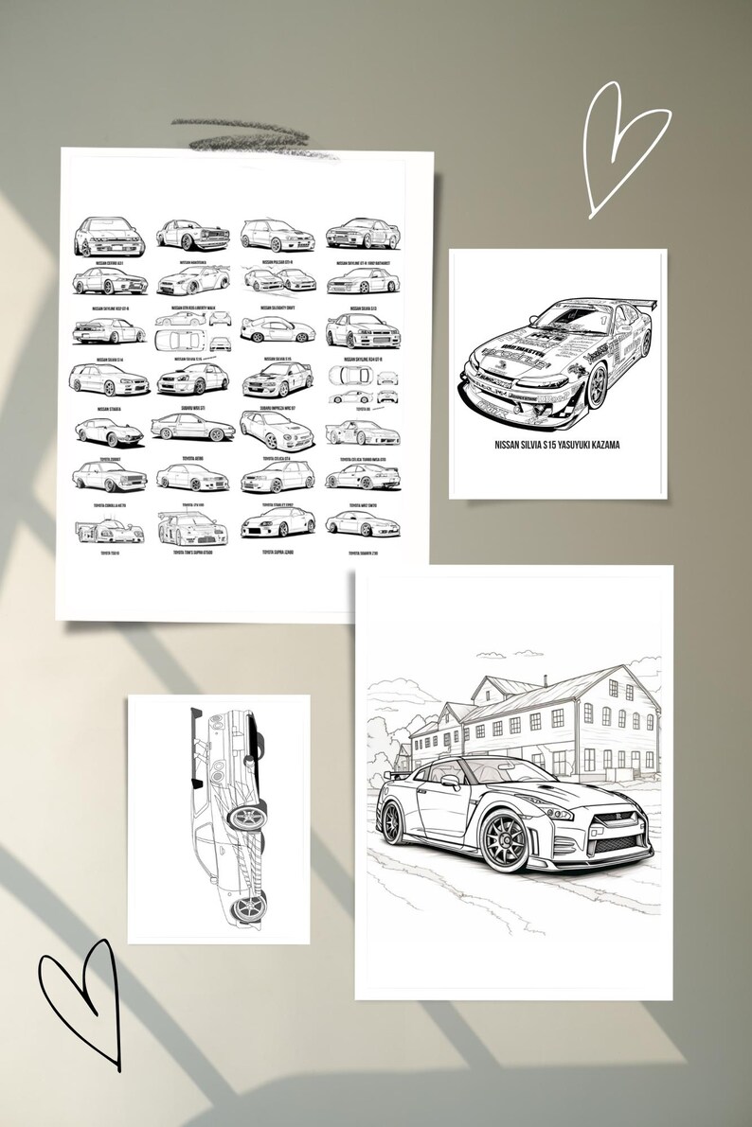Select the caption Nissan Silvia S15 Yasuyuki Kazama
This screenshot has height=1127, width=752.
[x=557, y=444]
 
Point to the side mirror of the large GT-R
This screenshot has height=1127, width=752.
[x=449, y=782]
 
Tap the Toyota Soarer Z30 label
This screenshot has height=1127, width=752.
[x=364, y=552]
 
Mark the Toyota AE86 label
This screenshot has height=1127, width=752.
[x=192, y=455]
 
